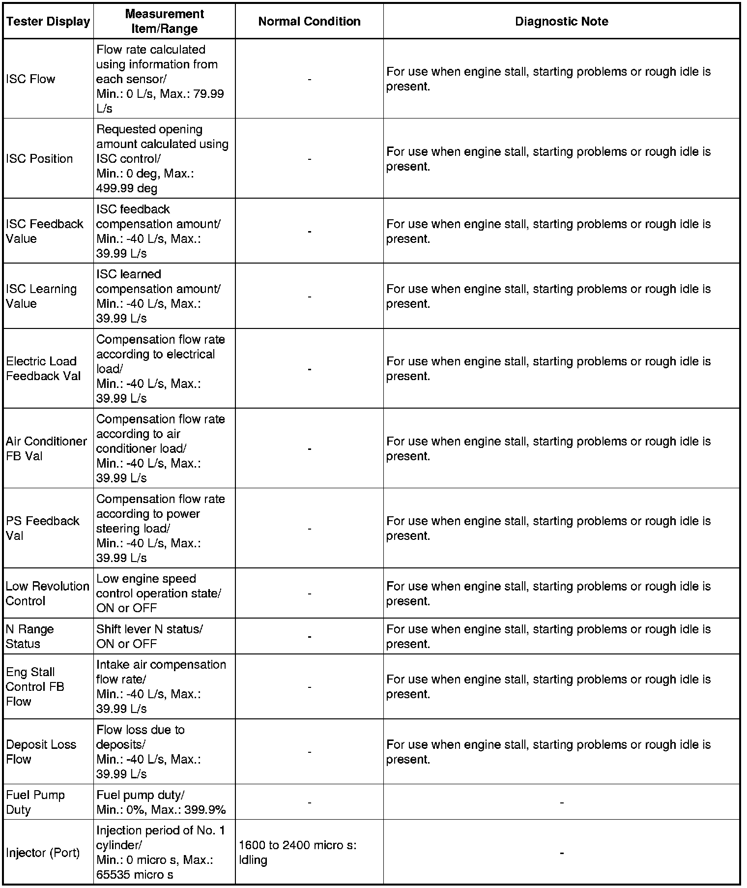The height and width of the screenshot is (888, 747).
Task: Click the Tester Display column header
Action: pyautogui.click(x=48, y=22)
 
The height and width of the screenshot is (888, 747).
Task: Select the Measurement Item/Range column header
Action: pyautogui.click(x=164, y=21)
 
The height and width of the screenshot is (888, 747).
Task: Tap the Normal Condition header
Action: pyautogui.click(x=309, y=22)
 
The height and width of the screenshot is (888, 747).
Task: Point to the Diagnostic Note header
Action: pyautogui.click(x=561, y=22)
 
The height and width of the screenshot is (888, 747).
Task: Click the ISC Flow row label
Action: pyautogui.click(x=30, y=79)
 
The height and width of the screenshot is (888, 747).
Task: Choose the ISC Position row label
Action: pyautogui.click(x=39, y=159)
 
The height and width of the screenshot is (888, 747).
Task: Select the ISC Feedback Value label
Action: pyautogui.click(x=44, y=231)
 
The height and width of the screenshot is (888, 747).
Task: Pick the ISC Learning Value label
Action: pyautogui.click(x=41, y=296)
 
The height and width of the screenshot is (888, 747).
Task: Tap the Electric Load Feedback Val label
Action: pyautogui.click(x=43, y=369)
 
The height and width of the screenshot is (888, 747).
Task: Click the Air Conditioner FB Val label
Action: pyautogui.click(x=46, y=448)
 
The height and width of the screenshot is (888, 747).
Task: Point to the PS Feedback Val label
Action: pyautogui.click(x=42, y=528)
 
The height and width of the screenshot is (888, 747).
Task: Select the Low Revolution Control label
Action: pyautogui.click(x=47, y=593)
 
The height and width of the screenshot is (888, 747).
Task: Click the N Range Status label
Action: pyautogui.click(x=29, y=636)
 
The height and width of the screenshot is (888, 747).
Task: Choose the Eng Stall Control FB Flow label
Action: pyautogui.click(x=35, y=686)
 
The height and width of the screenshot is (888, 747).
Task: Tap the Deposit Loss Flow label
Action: pyautogui.click(x=41, y=752)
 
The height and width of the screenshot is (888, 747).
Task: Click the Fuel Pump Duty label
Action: pyautogui.click(x=35, y=802)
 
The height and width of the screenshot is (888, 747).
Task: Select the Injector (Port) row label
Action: pyautogui.click(x=43, y=853)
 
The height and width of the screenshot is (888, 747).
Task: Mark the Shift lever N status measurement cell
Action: pyautogui.click(x=149, y=636)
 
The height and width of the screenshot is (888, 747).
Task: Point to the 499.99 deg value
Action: pyautogui.click(x=127, y=188)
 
